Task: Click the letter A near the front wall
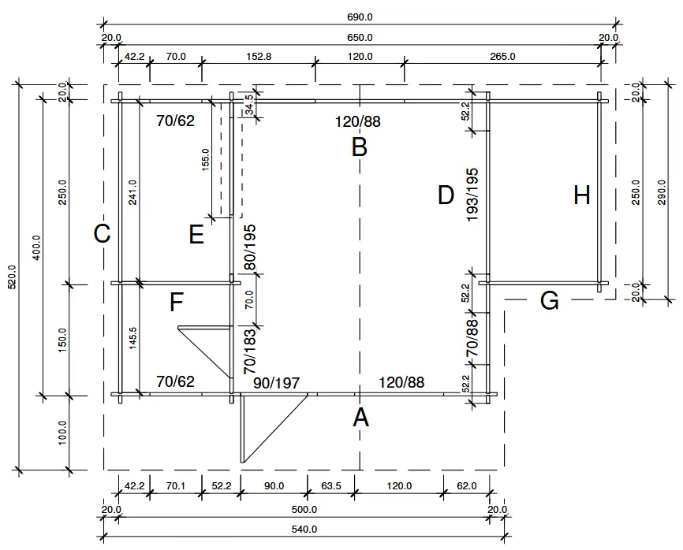click(360, 417)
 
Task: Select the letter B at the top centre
click(360, 147)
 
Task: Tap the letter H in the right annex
click(582, 195)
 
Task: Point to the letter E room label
click(196, 235)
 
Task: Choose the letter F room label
click(177, 302)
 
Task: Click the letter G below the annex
click(550, 300)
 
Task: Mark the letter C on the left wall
click(102, 234)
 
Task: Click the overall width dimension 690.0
click(359, 17)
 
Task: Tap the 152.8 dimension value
click(259, 57)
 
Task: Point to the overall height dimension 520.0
click(9, 277)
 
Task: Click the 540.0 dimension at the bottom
click(304, 530)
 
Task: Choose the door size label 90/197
click(276, 383)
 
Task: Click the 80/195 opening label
click(250, 248)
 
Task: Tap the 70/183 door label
click(250, 351)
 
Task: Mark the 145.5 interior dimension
click(132, 340)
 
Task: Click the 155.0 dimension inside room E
click(206, 160)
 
